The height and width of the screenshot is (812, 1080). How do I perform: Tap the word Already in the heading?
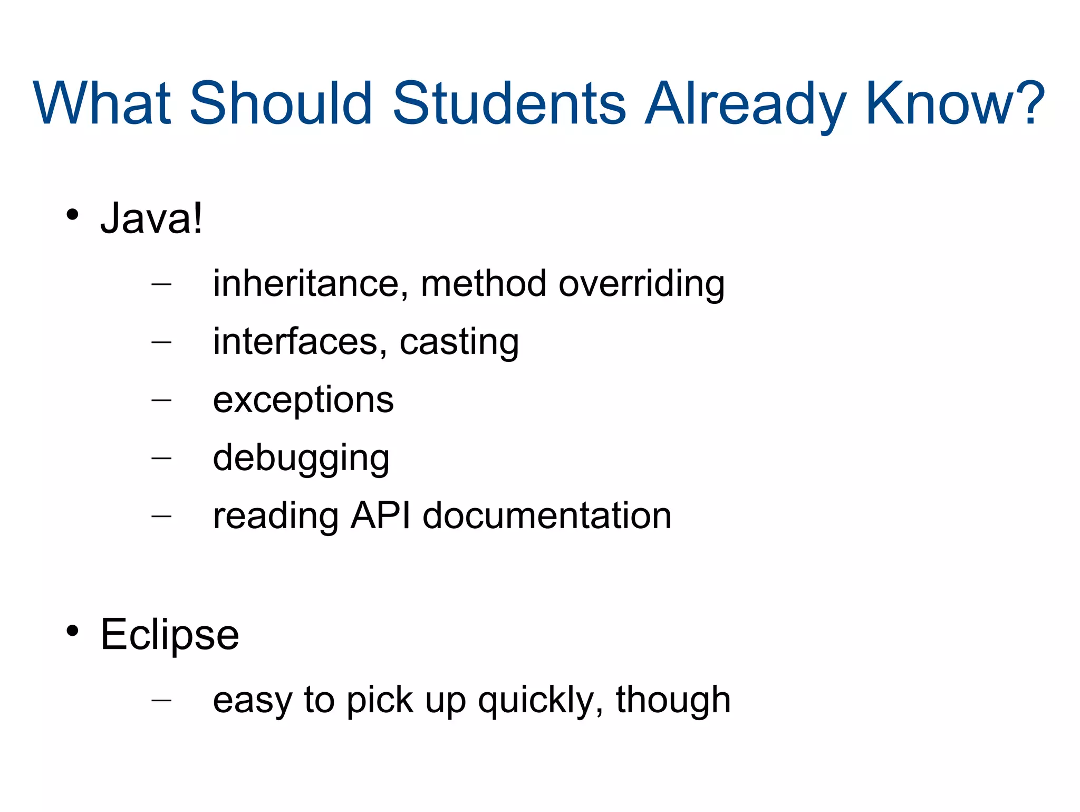[746, 104]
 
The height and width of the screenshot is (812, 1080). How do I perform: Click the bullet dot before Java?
[72, 215]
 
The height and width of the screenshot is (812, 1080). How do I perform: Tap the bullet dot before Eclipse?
[72, 631]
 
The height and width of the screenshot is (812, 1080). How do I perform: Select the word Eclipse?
[170, 635]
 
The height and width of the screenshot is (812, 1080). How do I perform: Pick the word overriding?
[641, 284]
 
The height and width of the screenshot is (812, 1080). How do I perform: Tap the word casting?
[459, 343]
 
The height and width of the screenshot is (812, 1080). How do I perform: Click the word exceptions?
[303, 400]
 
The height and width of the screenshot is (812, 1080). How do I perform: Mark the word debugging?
[301, 458]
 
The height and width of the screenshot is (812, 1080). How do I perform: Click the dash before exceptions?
[161, 400]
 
